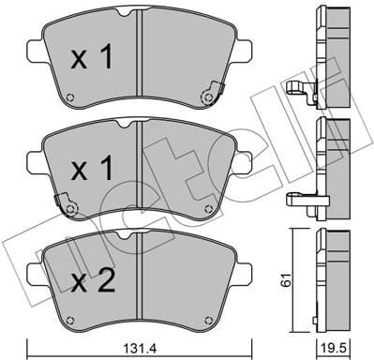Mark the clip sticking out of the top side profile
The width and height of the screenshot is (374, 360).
tap(300, 91)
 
